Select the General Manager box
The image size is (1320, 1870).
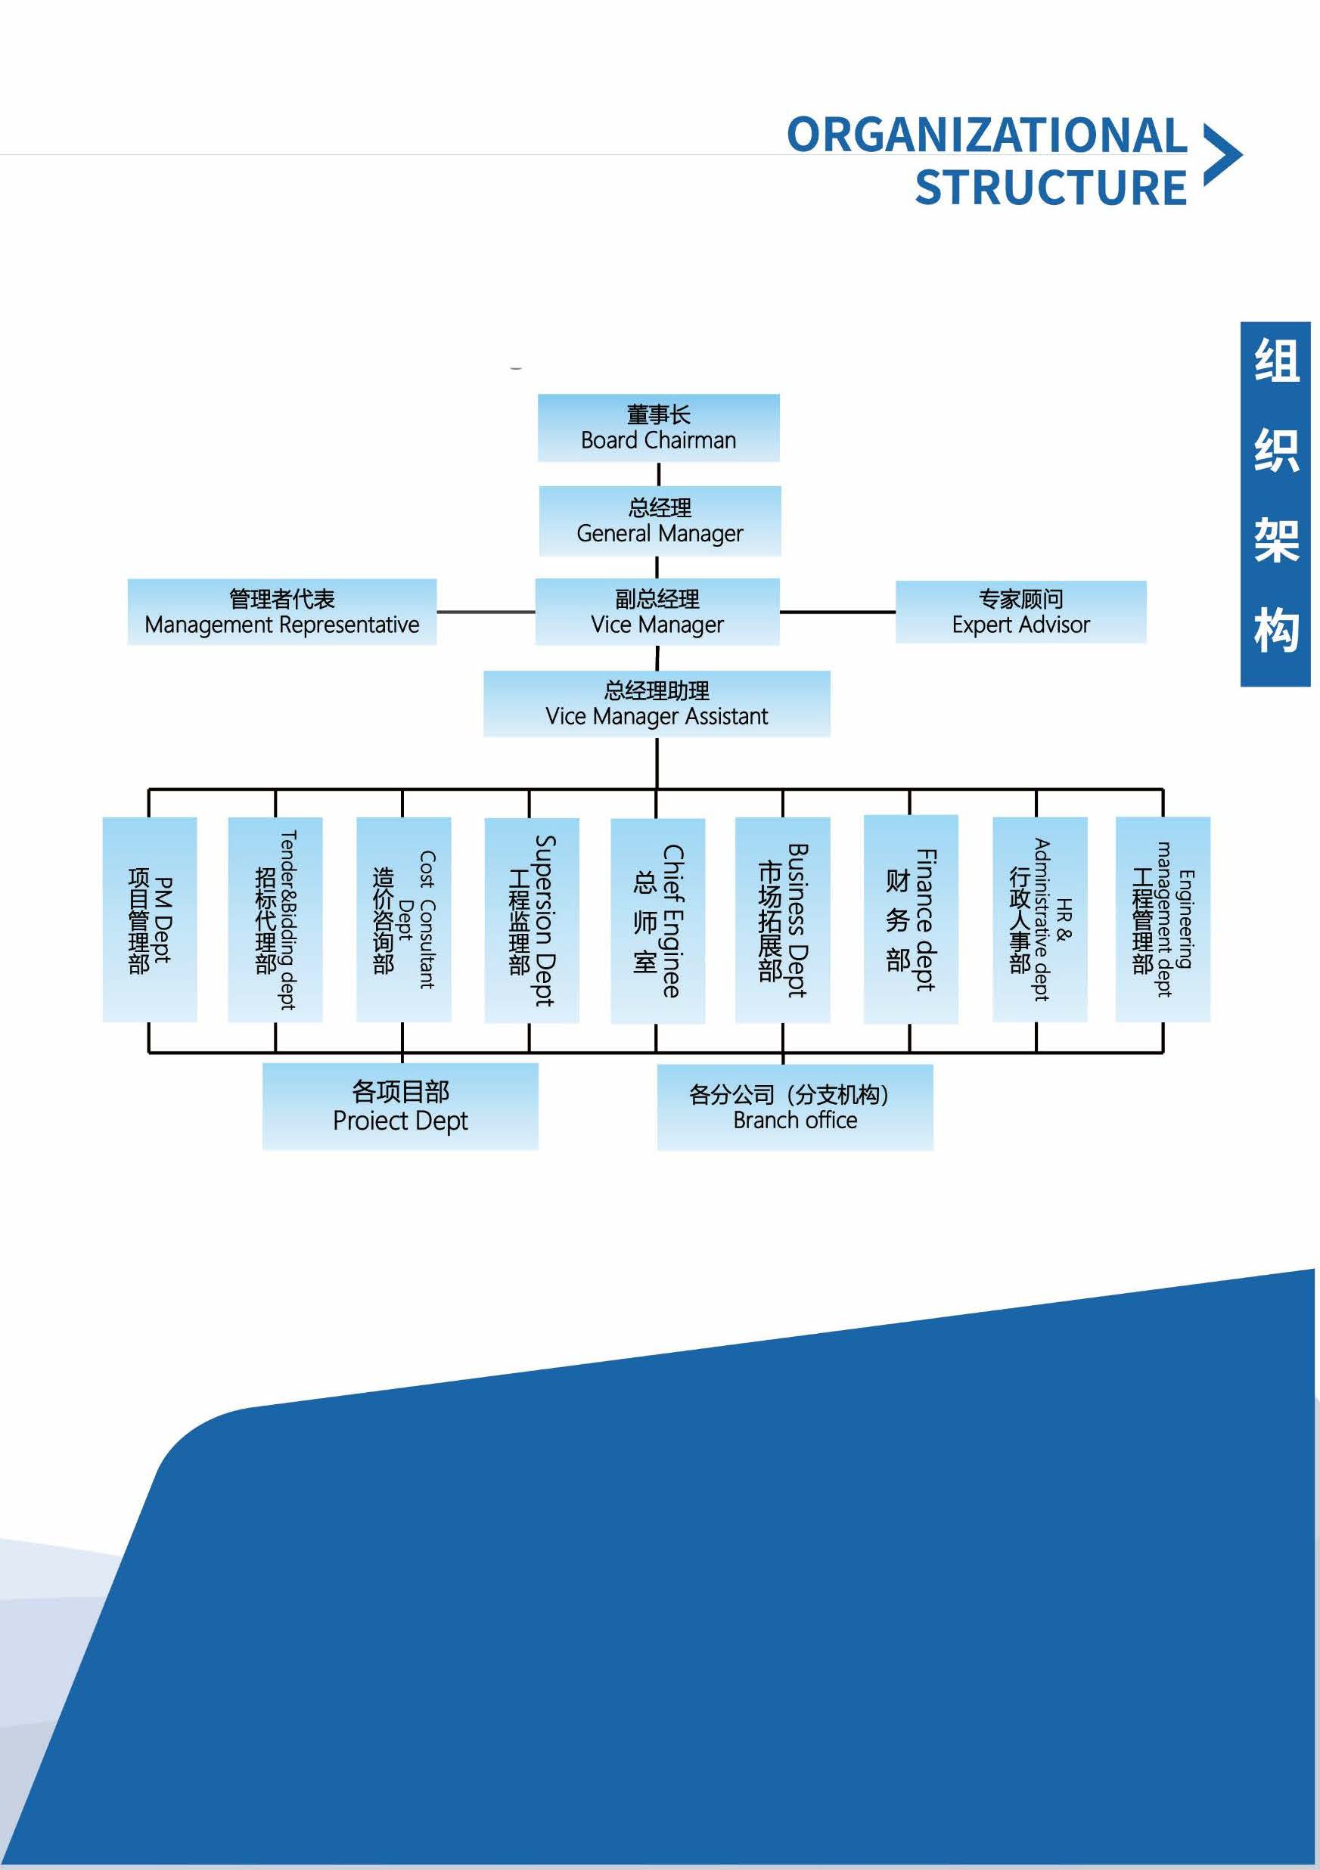point(659,521)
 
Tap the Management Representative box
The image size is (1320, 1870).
point(282,612)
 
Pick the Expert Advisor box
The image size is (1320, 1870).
point(1020,612)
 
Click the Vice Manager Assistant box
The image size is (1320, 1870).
point(657,704)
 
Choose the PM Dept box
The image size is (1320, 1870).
point(149,919)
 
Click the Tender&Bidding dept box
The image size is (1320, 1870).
point(275,919)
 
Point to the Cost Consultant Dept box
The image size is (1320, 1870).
point(403,919)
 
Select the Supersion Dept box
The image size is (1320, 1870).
point(531,920)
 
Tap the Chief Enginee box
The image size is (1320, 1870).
point(657,920)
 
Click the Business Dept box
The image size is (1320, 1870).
point(782,919)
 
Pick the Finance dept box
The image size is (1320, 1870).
point(910,919)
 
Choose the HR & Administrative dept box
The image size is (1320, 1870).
point(1039,919)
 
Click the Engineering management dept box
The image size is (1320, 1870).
point(1163,919)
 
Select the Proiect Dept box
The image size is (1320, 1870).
point(400,1106)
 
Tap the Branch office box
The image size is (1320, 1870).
point(794,1107)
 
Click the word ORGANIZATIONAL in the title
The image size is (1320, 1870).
point(986,135)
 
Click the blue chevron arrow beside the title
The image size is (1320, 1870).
point(1222,155)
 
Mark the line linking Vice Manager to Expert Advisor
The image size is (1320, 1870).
point(837,612)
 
